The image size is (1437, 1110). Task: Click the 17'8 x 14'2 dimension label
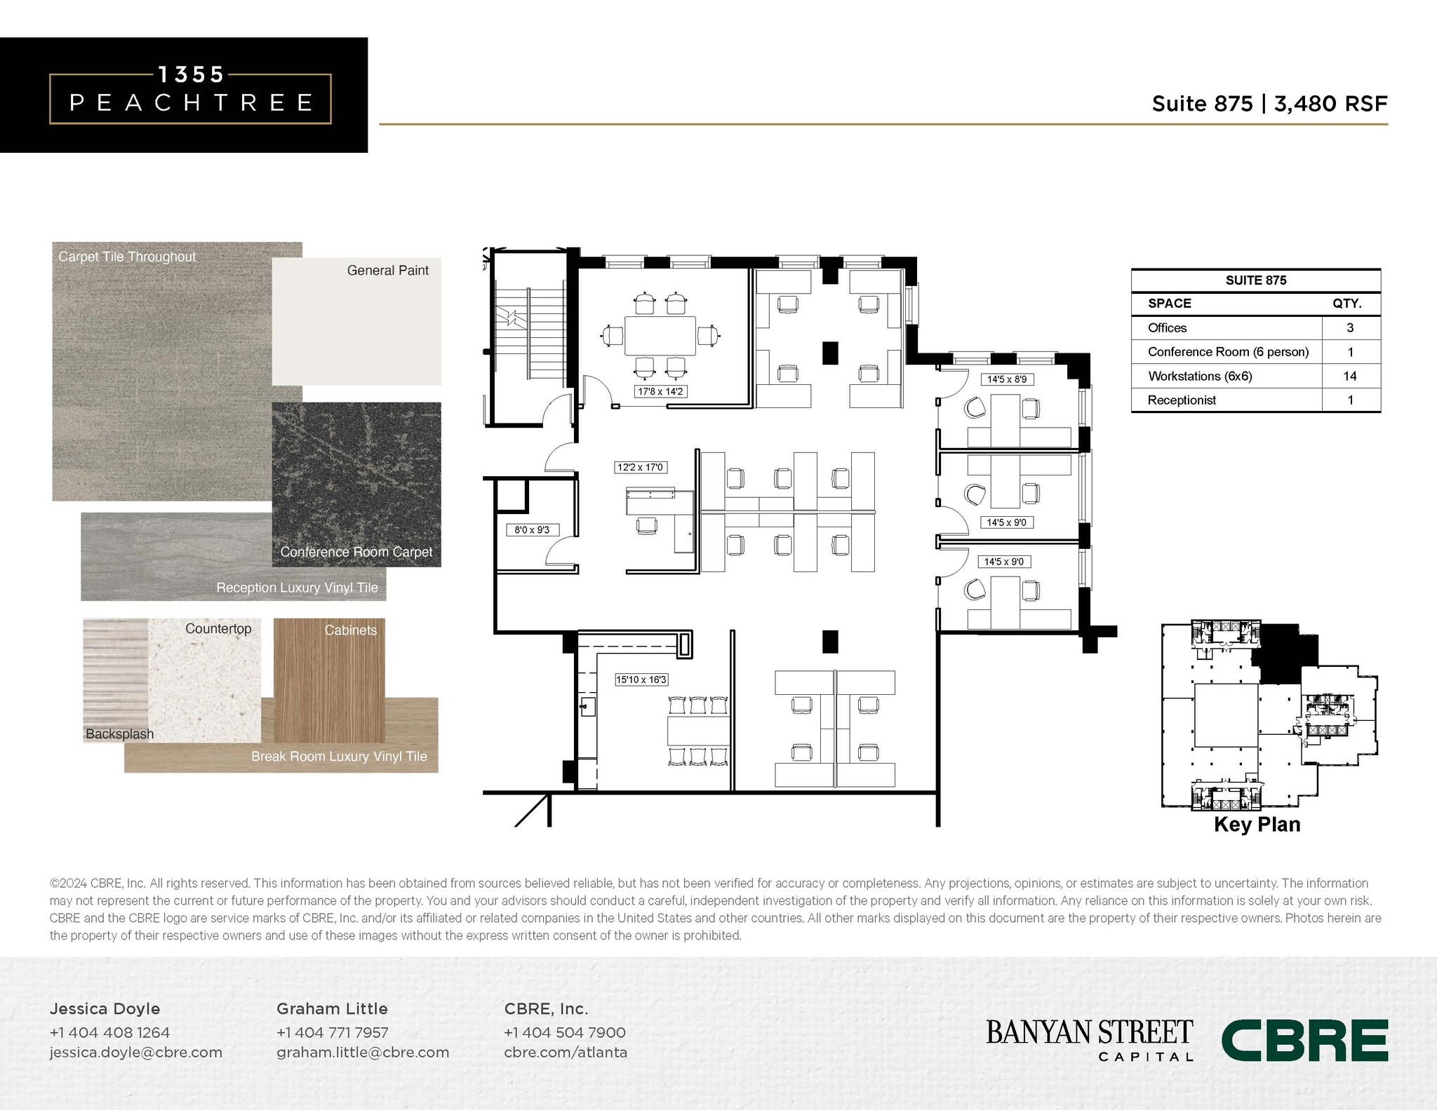pyautogui.click(x=660, y=391)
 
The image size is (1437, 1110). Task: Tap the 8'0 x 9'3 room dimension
pyautogui.click(x=532, y=530)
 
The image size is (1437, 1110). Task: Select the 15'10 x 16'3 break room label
pyautogui.click(x=641, y=679)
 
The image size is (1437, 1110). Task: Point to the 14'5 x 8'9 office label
pyautogui.click(x=1006, y=379)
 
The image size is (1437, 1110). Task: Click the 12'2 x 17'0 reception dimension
pyautogui.click(x=639, y=467)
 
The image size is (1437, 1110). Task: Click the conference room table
pyautogui.click(x=660, y=336)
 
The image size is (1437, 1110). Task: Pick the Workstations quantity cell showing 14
pyautogui.click(x=1349, y=376)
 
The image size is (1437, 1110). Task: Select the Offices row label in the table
pyautogui.click(x=1167, y=327)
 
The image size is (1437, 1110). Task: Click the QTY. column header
pyautogui.click(x=1346, y=304)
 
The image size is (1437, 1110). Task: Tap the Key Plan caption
pyautogui.click(x=1257, y=824)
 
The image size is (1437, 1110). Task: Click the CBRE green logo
pyautogui.click(x=1304, y=1041)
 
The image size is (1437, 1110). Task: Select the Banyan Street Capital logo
pyautogui.click(x=1089, y=1040)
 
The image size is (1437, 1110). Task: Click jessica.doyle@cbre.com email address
pyautogui.click(x=135, y=1053)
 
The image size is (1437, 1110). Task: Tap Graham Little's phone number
pyautogui.click(x=332, y=1032)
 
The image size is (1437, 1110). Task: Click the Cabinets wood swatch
pyautogui.click(x=329, y=680)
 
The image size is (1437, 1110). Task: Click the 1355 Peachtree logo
pyautogui.click(x=190, y=95)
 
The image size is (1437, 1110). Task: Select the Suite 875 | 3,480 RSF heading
pyautogui.click(x=1269, y=104)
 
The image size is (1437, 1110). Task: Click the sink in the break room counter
pyautogui.click(x=587, y=706)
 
